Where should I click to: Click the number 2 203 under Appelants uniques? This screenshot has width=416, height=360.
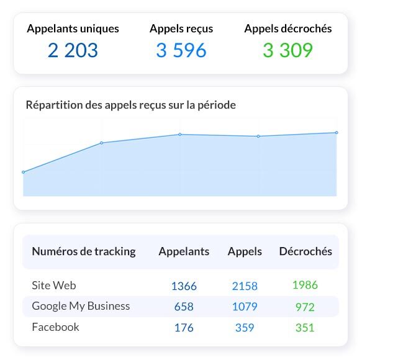click(73, 50)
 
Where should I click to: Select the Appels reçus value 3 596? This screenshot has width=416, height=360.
click(181, 50)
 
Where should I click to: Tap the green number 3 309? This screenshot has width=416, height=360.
click(287, 50)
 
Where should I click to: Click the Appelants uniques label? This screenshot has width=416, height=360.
click(73, 29)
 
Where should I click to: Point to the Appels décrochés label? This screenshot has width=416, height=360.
click(287, 29)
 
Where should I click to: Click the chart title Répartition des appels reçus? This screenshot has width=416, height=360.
click(130, 105)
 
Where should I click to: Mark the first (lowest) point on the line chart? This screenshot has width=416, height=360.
click(24, 172)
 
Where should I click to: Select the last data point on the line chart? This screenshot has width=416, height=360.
click(337, 132)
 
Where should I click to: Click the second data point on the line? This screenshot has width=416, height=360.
click(102, 143)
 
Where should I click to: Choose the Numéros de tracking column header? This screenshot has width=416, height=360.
click(83, 251)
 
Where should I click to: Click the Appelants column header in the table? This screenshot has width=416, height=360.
click(184, 251)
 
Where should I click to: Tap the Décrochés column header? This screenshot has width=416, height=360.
click(305, 251)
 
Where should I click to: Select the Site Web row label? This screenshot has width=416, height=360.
click(54, 286)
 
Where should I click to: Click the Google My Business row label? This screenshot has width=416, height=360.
click(81, 306)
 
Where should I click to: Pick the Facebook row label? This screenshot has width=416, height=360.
click(55, 327)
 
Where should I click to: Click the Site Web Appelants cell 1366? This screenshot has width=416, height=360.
click(184, 286)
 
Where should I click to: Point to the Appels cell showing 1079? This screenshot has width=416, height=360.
click(245, 307)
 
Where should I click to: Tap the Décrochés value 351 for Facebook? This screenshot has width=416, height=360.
click(305, 328)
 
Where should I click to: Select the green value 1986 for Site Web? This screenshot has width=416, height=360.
click(305, 286)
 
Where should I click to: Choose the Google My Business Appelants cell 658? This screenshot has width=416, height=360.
click(184, 307)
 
